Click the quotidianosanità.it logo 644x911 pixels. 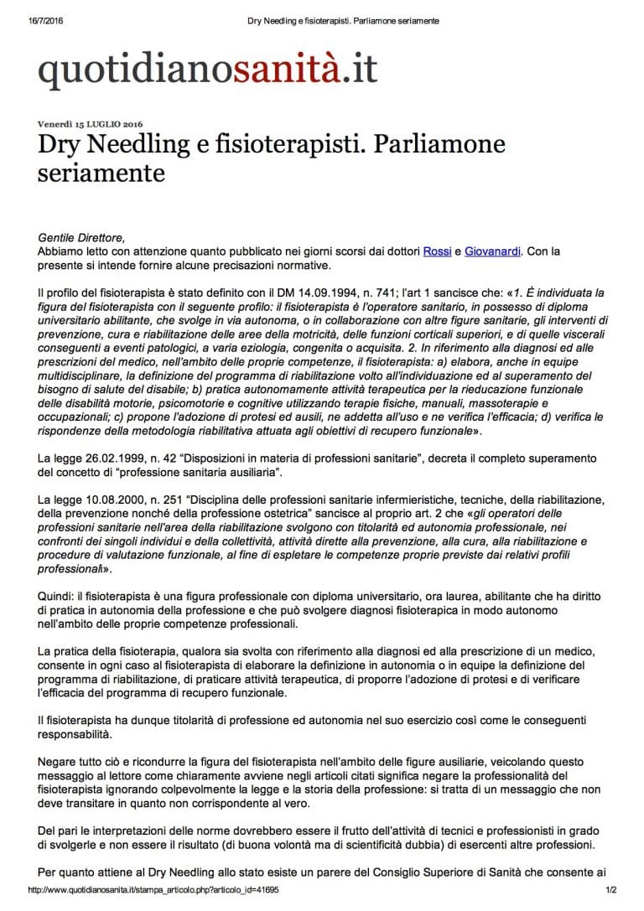208,70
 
